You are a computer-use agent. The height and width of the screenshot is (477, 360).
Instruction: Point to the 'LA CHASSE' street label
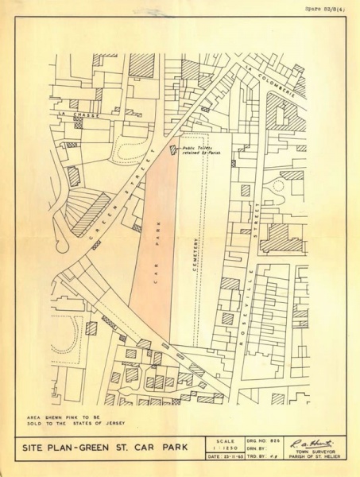click(66, 115)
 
